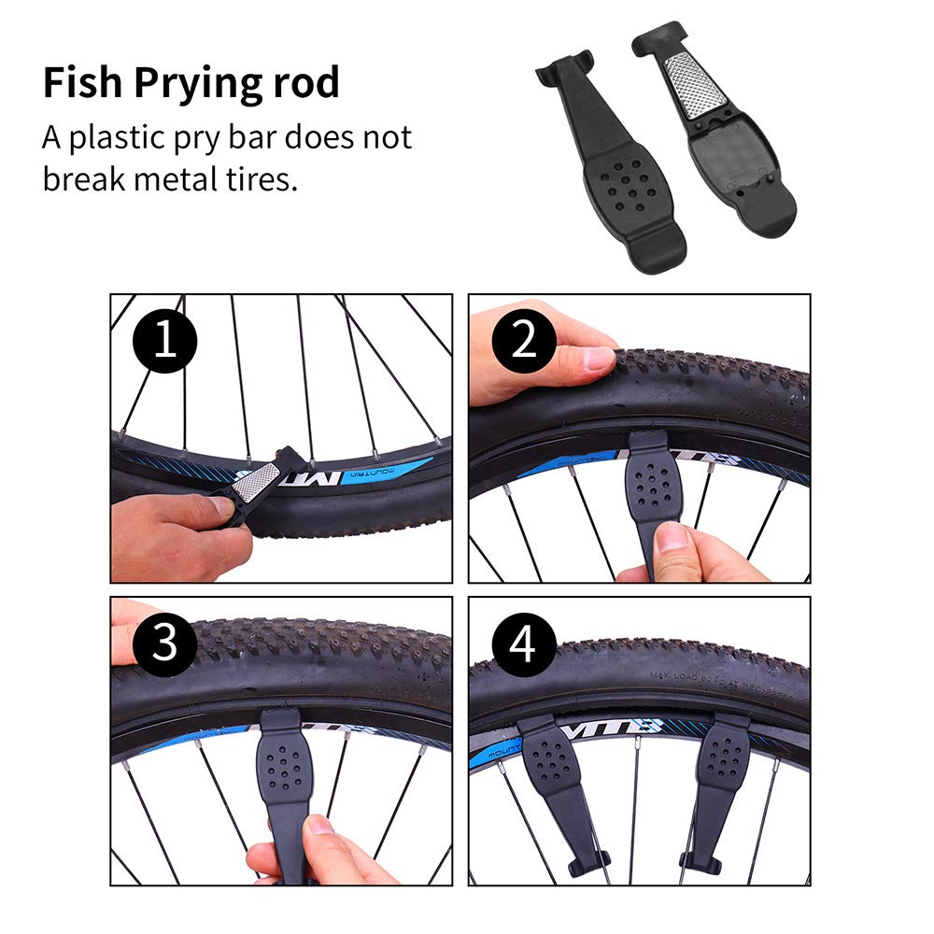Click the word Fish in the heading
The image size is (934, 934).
[x=81, y=83]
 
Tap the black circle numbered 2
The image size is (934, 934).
[x=525, y=341]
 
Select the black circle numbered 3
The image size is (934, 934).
[x=164, y=644]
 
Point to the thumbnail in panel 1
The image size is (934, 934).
[x=223, y=508]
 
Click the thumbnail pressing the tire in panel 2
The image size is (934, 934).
[x=598, y=359]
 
